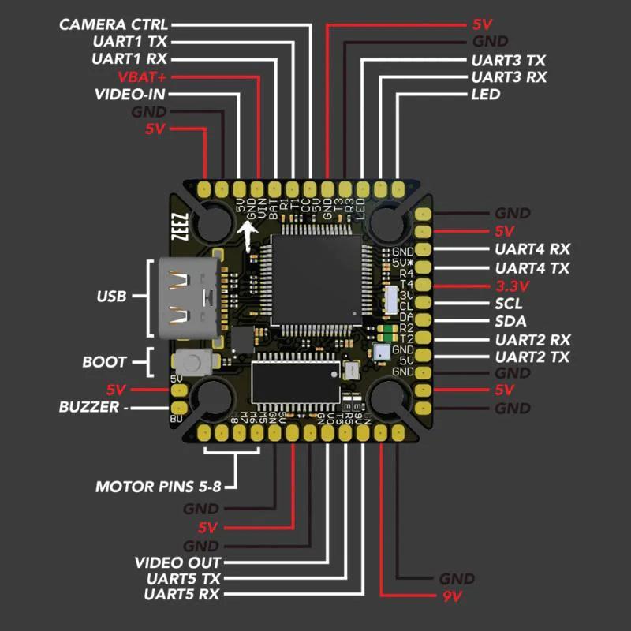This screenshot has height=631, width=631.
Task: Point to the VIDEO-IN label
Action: click(x=131, y=95)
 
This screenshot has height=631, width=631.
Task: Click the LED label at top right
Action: click(x=485, y=95)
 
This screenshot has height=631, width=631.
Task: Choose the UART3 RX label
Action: click(x=508, y=77)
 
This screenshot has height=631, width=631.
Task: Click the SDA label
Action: click(x=510, y=322)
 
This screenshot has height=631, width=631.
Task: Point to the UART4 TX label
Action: click(x=532, y=268)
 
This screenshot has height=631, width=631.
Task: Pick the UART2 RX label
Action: click(x=532, y=340)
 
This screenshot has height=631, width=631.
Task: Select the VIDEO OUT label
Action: click(x=177, y=562)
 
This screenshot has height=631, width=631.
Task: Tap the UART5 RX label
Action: click(x=182, y=594)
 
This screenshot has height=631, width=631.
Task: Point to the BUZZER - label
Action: click(x=92, y=408)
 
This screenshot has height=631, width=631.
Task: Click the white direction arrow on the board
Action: click(x=248, y=235)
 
